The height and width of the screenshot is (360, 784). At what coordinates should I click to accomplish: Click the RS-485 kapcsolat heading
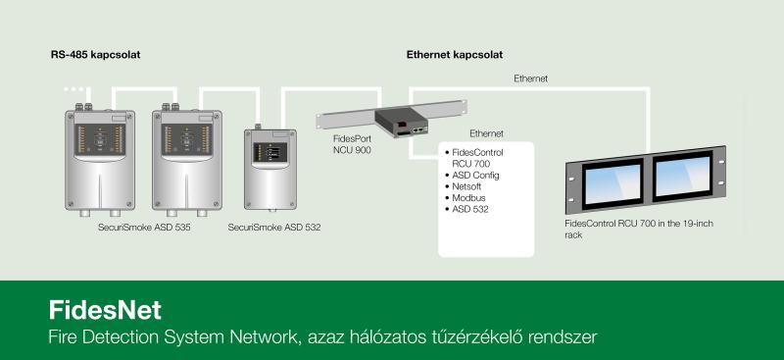click(95, 55)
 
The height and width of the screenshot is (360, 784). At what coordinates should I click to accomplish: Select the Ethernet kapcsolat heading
click(455, 55)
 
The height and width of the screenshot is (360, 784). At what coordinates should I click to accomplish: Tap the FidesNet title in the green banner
click(105, 310)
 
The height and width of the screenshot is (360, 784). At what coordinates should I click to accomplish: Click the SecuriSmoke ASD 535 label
click(144, 228)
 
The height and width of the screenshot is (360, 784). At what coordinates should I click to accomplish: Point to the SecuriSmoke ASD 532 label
click(274, 228)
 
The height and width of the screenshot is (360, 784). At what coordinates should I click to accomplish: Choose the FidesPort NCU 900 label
click(352, 144)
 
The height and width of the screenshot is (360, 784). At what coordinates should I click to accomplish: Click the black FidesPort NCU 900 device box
click(403, 123)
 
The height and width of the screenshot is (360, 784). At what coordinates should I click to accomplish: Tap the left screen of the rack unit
click(612, 183)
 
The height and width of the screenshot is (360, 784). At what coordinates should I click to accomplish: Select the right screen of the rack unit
click(683, 176)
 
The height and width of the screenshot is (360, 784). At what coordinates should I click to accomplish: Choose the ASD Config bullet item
click(472, 176)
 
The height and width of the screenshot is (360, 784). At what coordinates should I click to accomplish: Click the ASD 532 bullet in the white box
click(466, 209)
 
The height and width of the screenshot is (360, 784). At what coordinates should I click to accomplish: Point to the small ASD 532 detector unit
click(270, 169)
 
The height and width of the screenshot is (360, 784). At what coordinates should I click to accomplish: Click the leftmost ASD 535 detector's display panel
click(100, 139)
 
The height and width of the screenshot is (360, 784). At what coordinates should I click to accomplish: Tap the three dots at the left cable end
click(73, 89)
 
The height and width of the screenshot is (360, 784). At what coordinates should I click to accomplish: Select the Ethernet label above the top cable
click(530, 78)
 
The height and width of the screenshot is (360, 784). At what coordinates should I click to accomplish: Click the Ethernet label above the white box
click(486, 133)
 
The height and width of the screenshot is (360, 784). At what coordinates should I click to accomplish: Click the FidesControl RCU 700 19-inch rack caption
click(639, 229)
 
